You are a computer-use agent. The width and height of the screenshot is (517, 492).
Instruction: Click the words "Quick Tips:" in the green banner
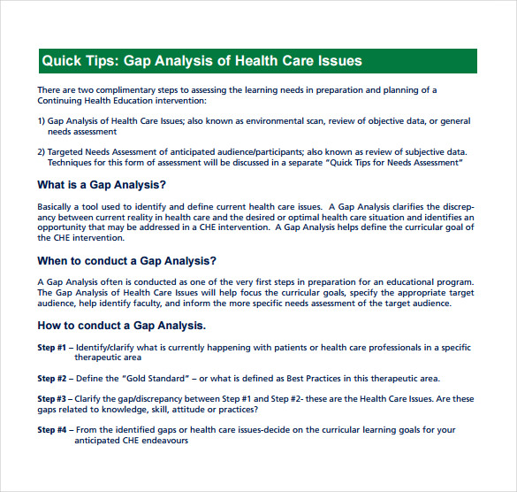click(79, 61)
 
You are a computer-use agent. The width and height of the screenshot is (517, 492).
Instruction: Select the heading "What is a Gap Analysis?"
click(101, 185)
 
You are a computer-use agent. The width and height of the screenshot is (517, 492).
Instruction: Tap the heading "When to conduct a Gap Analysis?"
click(126, 261)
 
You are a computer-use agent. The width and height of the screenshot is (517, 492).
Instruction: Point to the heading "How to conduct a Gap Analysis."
click(121, 326)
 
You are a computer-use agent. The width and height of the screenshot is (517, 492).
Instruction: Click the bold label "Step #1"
click(51, 347)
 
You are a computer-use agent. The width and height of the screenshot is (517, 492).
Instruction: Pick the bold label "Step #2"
click(51, 378)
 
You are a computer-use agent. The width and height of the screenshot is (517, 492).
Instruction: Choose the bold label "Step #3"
click(51, 399)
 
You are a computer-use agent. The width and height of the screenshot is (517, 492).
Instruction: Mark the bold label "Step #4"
click(51, 430)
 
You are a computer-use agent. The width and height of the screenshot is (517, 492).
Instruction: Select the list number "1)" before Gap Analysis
click(41, 120)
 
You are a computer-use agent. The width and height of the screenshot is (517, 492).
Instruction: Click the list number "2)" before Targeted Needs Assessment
click(41, 151)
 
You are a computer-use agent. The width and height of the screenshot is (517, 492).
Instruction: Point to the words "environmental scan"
click(297, 120)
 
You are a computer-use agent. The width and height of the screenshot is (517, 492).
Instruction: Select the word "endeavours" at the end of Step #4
click(163, 441)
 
